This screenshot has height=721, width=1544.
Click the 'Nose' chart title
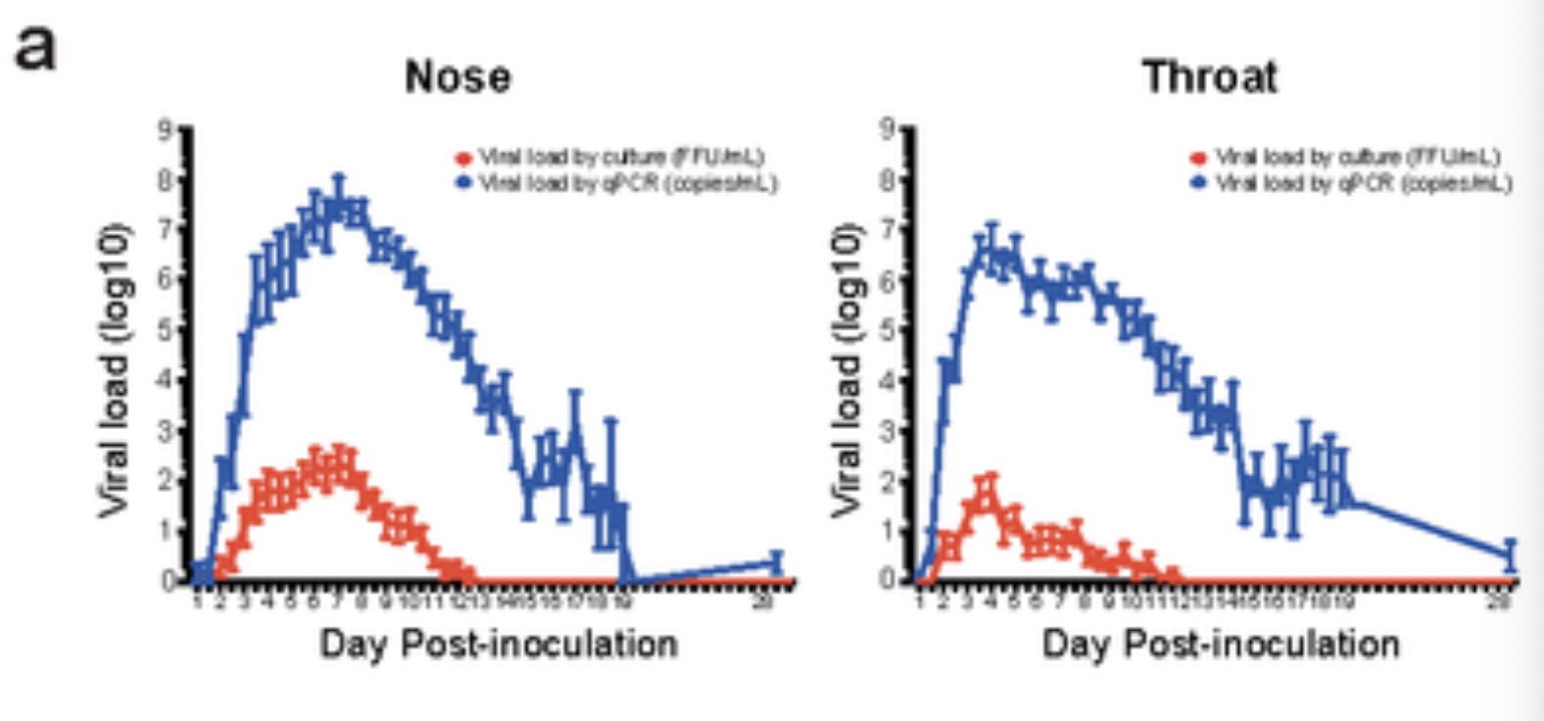pyautogui.click(x=458, y=76)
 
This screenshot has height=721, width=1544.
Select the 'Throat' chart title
pyautogui.click(x=1210, y=76)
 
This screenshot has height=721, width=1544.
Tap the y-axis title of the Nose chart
pyautogui.click(x=114, y=370)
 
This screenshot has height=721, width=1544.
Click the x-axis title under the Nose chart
pyautogui.click(x=499, y=644)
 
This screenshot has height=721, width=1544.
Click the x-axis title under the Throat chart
pyautogui.click(x=1221, y=644)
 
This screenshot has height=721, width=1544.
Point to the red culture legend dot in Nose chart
pyautogui.click(x=463, y=158)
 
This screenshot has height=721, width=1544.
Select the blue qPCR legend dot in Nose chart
pyautogui.click(x=463, y=183)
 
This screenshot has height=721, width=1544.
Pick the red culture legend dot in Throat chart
pyautogui.click(x=1197, y=158)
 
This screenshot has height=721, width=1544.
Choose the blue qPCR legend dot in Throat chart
pyautogui.click(x=1197, y=183)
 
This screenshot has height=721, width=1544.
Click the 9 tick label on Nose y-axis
pyautogui.click(x=166, y=128)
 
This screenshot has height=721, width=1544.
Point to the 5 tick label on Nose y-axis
pyautogui.click(x=166, y=328)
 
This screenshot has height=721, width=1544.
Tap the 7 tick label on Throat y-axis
pyautogui.click(x=888, y=228)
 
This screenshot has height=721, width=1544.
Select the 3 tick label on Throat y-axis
pyautogui.click(x=888, y=429)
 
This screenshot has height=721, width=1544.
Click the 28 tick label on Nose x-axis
pyautogui.click(x=763, y=601)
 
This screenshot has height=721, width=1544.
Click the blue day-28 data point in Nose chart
pyautogui.click(x=776, y=562)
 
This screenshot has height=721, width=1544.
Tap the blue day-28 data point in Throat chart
pyautogui.click(x=1510, y=555)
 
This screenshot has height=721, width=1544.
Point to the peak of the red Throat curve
pyautogui.click(x=989, y=493)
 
